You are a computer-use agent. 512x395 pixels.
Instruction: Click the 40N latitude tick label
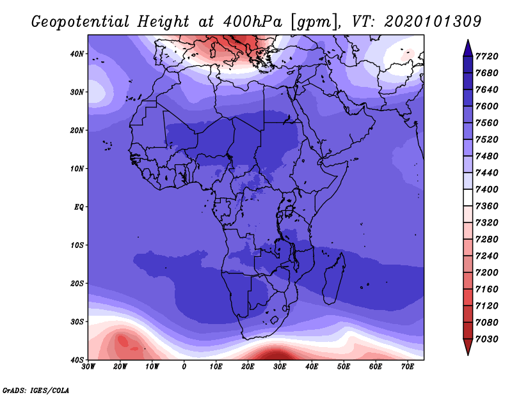(x=77, y=54)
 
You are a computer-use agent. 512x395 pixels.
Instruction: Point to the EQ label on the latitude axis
(x=79, y=207)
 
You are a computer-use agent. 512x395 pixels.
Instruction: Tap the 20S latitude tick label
(x=77, y=283)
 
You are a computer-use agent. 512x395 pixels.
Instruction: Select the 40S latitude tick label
(x=77, y=360)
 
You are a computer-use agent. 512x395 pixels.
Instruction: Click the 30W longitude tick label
(x=88, y=367)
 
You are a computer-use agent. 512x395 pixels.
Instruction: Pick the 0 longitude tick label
(x=184, y=367)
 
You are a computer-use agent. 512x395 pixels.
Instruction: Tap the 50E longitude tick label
(x=344, y=367)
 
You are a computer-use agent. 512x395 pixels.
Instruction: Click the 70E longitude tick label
(x=408, y=367)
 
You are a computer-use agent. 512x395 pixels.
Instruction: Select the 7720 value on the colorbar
(x=487, y=56)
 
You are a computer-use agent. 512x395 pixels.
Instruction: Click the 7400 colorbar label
(x=487, y=189)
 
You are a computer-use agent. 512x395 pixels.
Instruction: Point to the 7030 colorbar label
(x=487, y=339)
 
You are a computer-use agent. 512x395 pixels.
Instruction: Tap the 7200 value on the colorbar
(x=487, y=273)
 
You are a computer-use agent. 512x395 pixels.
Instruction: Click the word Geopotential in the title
(x=81, y=22)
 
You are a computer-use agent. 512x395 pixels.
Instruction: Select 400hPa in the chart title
(x=252, y=22)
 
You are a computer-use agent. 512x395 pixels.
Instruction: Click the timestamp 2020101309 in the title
(x=433, y=22)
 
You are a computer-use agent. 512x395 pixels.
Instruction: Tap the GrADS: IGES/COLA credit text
(x=36, y=390)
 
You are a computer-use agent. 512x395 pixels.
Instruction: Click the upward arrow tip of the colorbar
(x=468, y=40)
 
